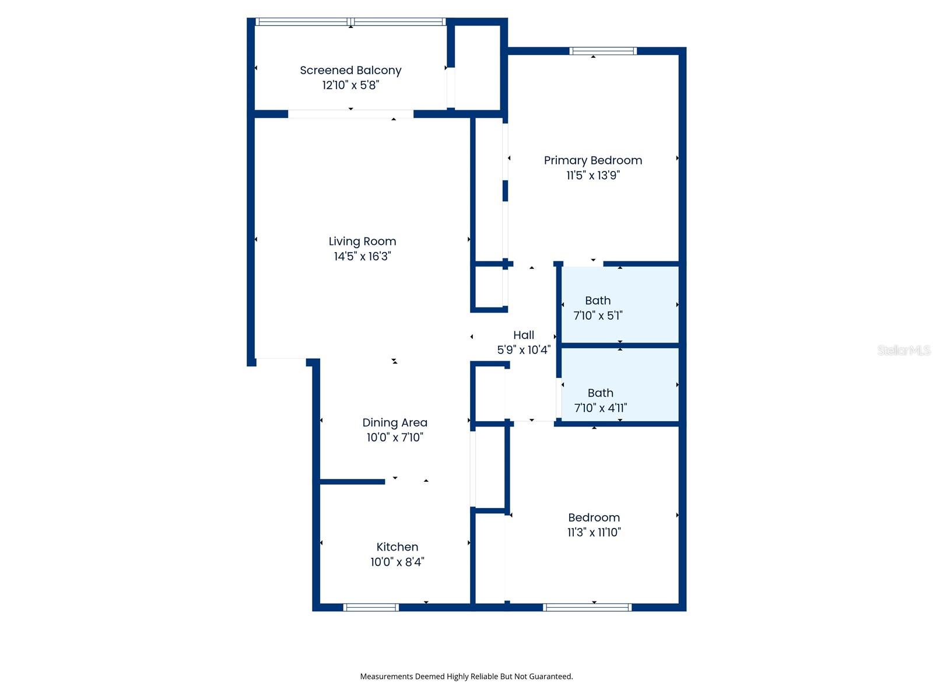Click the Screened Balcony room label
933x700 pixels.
pos(350,70)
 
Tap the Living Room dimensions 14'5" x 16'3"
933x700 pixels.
pos(362,256)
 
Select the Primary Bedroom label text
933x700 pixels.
pos(593,160)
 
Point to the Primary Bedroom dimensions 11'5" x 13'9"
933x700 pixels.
pos(593,175)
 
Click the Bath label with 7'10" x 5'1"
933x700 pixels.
pos(598,300)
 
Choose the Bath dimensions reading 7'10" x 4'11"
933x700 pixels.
pos(600,408)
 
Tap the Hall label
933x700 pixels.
pos(523,335)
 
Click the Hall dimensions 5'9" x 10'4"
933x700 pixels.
pos(524,350)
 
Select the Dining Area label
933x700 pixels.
pos(394,422)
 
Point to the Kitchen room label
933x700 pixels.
pos(397,547)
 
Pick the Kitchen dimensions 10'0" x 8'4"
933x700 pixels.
pos(397,562)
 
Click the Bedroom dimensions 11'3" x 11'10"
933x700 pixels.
pos(594,532)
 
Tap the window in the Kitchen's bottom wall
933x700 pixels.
pos(371,607)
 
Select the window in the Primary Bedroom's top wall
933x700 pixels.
pos(603,51)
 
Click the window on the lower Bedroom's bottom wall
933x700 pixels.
pos(587,607)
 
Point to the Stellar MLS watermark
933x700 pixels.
pos(904,350)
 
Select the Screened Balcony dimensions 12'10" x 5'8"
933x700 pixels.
pos(350,85)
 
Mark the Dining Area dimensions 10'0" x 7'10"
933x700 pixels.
pos(394,437)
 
